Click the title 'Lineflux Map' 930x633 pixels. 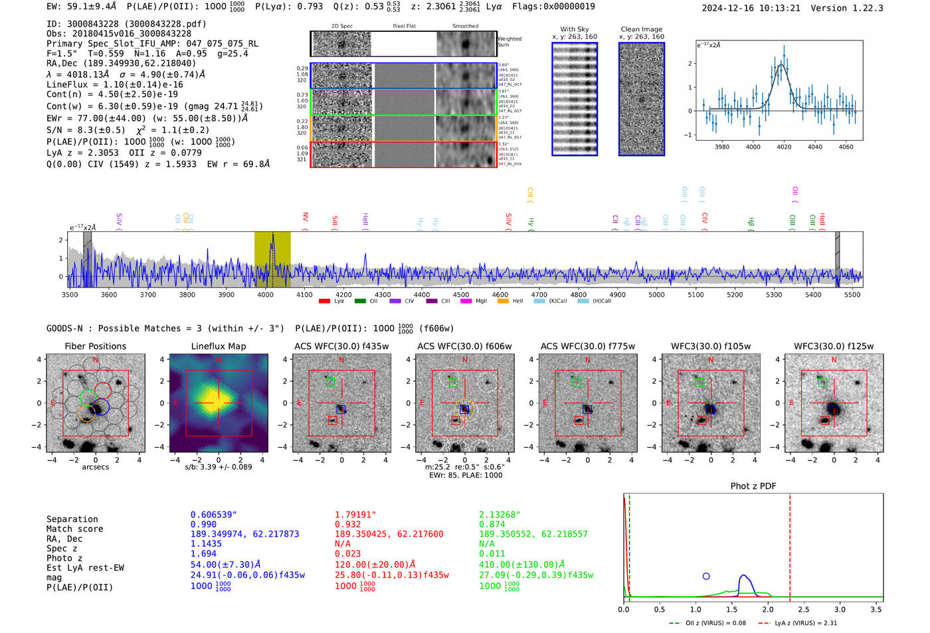219,346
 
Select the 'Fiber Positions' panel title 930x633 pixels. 95,346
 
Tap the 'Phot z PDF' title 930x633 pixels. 753,486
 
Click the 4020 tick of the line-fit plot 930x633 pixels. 784,147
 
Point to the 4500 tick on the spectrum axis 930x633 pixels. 461,294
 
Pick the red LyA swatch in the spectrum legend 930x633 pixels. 324,302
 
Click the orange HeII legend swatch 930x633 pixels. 502,302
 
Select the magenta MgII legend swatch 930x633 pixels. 466,302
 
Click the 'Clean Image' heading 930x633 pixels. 641,29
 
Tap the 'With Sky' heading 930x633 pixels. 575,29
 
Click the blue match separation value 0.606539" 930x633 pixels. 213,515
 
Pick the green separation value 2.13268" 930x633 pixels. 500,515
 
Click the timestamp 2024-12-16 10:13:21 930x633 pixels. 751,8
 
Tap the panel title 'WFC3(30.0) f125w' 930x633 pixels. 834,346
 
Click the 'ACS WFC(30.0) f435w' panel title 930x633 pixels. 341,346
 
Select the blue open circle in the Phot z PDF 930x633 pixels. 706,577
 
